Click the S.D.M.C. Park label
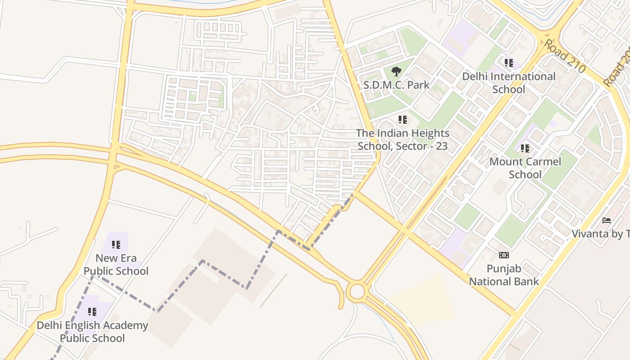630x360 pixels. (396, 85)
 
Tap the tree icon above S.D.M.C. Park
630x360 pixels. (396, 71)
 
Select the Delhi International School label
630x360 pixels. (508, 83)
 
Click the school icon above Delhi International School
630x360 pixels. (508, 63)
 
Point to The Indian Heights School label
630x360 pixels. (402, 139)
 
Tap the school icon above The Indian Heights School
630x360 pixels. (402, 120)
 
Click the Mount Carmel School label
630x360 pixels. (525, 168)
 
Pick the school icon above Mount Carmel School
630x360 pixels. (525, 148)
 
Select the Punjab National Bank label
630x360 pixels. (504, 275)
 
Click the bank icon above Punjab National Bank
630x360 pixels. (504, 255)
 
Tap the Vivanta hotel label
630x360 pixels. (601, 234)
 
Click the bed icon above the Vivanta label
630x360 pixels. (606, 220)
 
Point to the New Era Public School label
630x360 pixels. (116, 265)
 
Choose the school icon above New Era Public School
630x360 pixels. (116, 245)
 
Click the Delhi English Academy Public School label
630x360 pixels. (92, 332)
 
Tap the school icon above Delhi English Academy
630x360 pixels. (92, 312)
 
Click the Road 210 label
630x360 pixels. (564, 56)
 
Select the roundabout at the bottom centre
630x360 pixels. (356, 291)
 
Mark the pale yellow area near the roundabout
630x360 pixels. (423, 299)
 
